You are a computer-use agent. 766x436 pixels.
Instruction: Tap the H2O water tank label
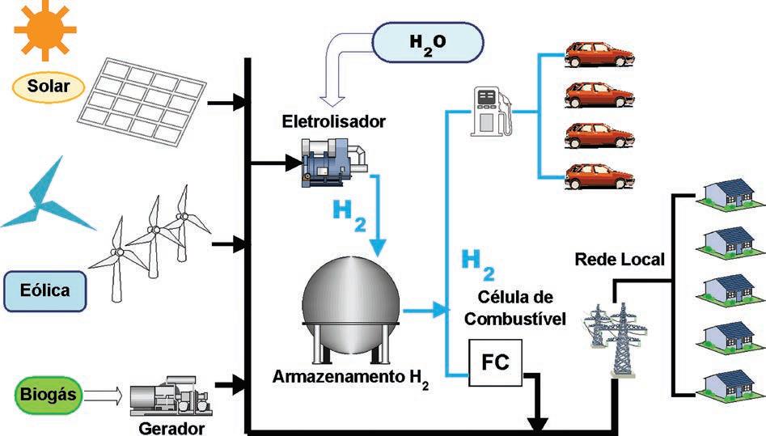pyautogui.click(x=428, y=40)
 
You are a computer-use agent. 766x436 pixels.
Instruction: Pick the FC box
pyautogui.click(x=494, y=362)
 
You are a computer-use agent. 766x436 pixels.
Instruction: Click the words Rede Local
pyautogui.click(x=620, y=260)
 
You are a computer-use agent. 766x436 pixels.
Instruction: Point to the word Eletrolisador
pyautogui.click(x=323, y=122)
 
